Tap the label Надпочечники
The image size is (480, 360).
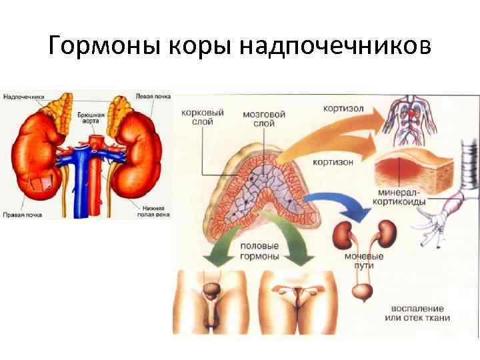tap(24, 97)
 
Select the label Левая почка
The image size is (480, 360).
tap(153, 97)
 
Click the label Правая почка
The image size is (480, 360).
tap(23, 215)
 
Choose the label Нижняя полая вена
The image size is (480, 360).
tap(151, 210)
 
